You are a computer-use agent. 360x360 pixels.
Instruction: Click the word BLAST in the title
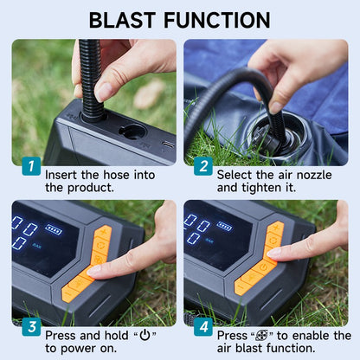(x=123, y=20)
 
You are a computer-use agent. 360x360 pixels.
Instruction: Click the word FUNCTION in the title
(x=217, y=20)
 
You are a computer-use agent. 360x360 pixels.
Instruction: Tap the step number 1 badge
(x=31, y=166)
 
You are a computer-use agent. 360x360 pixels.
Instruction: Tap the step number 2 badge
(x=203, y=166)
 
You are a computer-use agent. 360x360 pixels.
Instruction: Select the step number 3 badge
(x=31, y=327)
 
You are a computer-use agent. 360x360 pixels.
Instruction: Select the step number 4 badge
(x=203, y=327)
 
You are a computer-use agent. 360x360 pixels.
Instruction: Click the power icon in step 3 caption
(x=145, y=335)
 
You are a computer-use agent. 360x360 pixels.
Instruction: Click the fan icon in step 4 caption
(x=262, y=335)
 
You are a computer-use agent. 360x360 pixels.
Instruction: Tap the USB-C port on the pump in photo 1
(x=168, y=145)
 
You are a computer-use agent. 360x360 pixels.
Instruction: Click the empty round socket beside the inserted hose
(x=132, y=132)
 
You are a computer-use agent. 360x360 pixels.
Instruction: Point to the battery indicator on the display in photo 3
(x=54, y=229)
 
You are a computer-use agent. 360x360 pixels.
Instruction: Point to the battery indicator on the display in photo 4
(x=224, y=226)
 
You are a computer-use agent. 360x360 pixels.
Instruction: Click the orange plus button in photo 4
(x=276, y=228)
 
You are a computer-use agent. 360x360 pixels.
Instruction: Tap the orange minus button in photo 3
(x=68, y=294)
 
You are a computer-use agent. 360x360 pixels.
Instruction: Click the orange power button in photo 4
(x=263, y=267)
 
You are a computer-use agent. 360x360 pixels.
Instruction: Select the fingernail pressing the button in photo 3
(x=94, y=270)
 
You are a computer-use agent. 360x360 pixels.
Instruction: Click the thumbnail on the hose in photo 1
(x=103, y=92)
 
